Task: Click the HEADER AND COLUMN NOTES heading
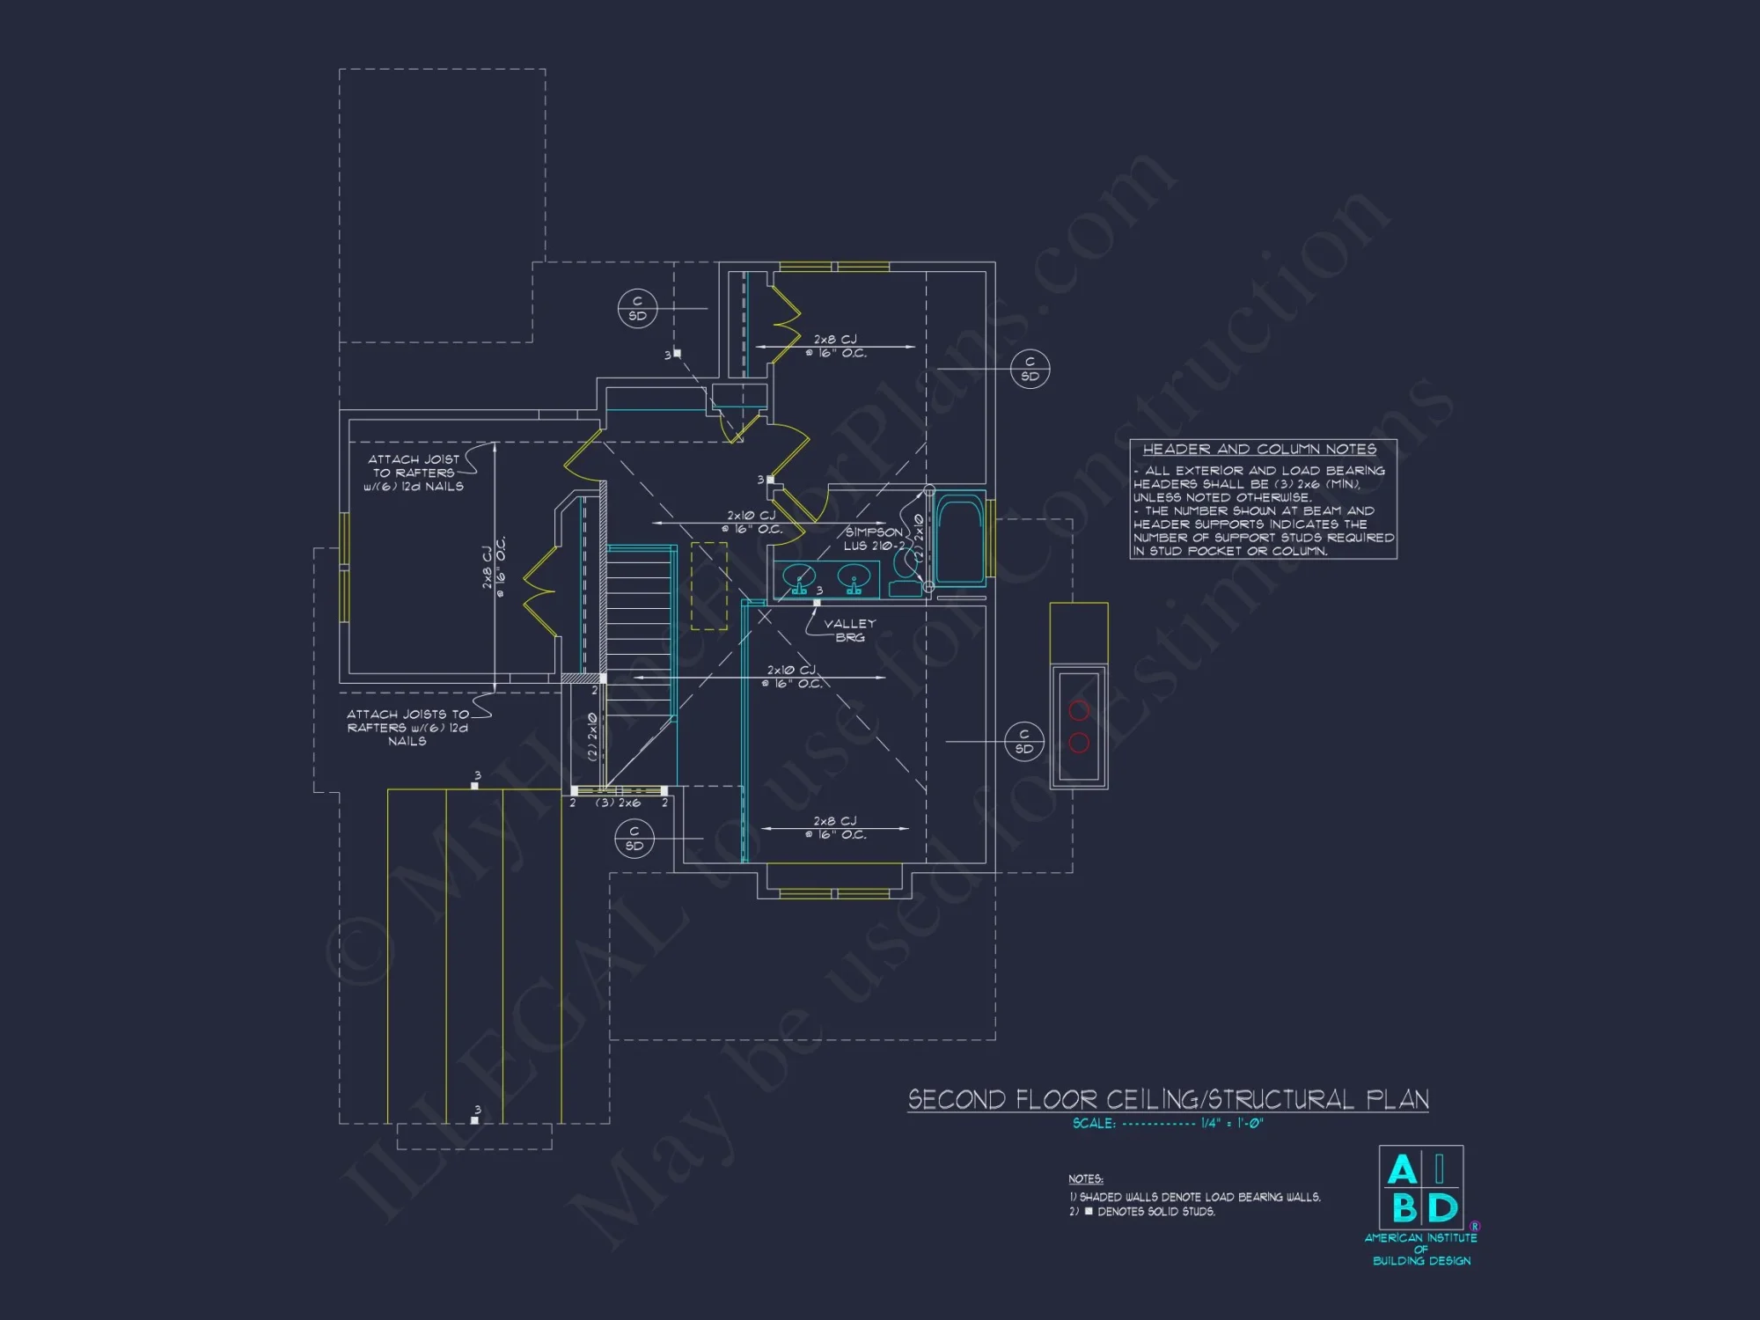click(x=1258, y=450)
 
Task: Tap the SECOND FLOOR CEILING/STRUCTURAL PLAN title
click(x=1168, y=1100)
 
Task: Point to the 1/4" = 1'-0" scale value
click(x=1232, y=1124)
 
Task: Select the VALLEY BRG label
click(x=849, y=630)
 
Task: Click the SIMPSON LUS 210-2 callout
click(x=873, y=539)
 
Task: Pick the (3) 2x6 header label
click(x=618, y=803)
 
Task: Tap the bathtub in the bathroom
click(x=959, y=539)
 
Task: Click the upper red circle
click(x=1079, y=710)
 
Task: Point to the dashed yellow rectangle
click(x=709, y=586)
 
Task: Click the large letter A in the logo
click(x=1402, y=1170)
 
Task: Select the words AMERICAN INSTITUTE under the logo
click(x=1420, y=1237)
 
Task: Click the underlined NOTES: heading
click(x=1086, y=1179)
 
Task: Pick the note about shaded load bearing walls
click(x=1195, y=1197)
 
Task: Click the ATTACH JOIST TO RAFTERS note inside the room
click(x=414, y=473)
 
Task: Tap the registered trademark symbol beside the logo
click(x=1475, y=1226)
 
